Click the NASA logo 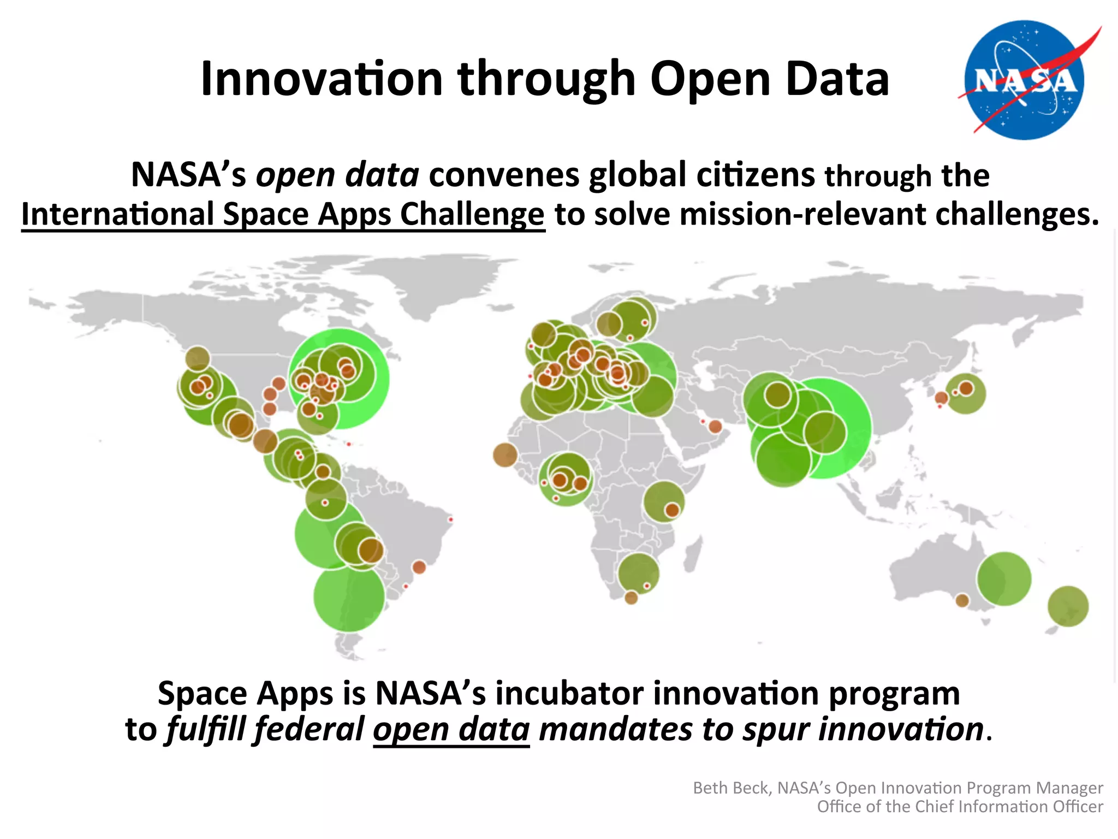pos(1025,80)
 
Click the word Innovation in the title pos(321,79)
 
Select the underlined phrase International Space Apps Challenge pos(283,214)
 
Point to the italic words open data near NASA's pos(337,175)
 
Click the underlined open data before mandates pos(451,730)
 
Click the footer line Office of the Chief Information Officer pos(960,807)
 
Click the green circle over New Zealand pos(1068,606)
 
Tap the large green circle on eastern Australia pos(1004,579)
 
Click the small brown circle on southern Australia pos(962,600)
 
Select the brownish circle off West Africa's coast pos(505,455)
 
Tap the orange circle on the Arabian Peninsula pos(715,427)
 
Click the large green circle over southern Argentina pos(349,596)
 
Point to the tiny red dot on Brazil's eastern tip pos(450,519)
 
